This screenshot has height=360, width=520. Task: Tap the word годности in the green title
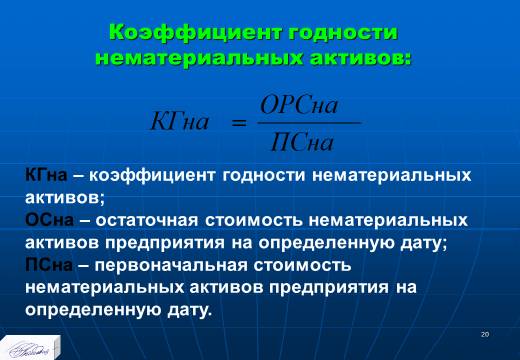(343, 33)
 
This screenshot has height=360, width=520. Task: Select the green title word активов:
(361, 58)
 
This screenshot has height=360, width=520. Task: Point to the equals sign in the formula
(239, 123)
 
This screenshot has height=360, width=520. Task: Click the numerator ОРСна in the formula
(299, 105)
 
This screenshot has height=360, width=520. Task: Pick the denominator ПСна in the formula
(302, 143)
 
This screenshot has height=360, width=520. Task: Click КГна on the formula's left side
(180, 121)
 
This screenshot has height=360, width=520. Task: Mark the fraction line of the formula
(309, 123)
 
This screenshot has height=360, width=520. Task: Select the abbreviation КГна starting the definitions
(46, 175)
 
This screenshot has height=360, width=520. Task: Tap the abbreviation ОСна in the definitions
(49, 220)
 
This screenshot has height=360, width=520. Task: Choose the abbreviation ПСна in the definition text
(49, 265)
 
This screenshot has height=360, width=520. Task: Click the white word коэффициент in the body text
(152, 176)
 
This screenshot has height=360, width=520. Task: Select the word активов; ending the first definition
(65, 198)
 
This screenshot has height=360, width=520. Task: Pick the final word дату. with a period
(190, 311)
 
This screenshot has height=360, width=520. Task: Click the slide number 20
(485, 334)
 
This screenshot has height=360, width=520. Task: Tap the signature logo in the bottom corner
(31, 348)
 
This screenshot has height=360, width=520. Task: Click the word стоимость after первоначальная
(302, 266)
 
